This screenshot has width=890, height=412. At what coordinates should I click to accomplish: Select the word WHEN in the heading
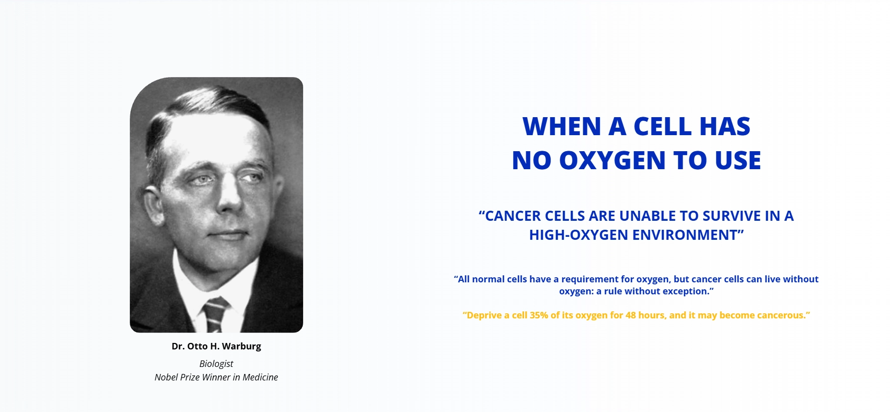tap(562, 126)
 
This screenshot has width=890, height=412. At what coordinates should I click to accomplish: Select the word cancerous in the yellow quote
tap(781, 315)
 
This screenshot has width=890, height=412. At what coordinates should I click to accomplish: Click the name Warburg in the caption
tap(242, 346)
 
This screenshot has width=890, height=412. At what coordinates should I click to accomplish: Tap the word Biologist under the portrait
tap(216, 364)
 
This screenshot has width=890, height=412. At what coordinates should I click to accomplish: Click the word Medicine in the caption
tap(260, 377)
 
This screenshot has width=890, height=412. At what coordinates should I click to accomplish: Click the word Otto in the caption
tap(197, 346)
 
